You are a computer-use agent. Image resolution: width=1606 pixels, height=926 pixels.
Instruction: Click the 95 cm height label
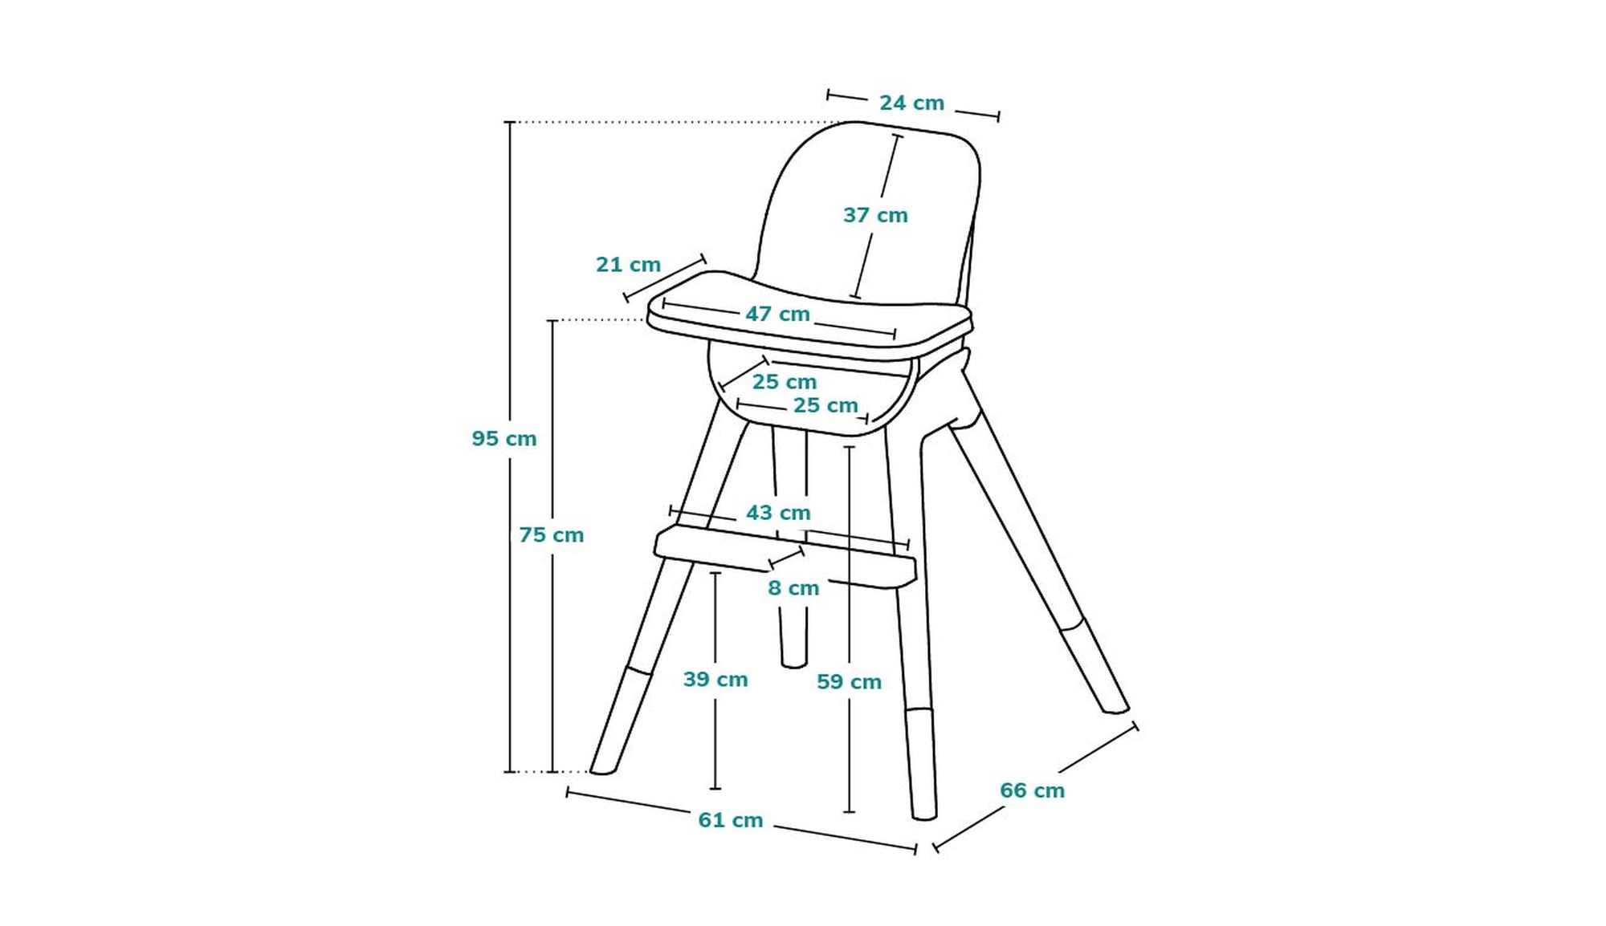coord(504,439)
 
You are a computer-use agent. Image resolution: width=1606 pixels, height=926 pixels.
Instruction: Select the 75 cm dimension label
coord(551,535)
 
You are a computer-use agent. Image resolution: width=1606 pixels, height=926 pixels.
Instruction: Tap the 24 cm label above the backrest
coord(911,104)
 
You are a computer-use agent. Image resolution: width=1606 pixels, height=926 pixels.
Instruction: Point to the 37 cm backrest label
coord(875,216)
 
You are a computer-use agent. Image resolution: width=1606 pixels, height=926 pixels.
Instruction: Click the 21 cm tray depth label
coord(628,265)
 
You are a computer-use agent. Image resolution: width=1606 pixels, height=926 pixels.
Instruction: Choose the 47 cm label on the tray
coord(777,315)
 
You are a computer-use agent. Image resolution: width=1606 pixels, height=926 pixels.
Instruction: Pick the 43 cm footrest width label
coord(778,513)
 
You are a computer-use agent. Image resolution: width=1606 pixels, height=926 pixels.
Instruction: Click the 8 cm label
coord(793,588)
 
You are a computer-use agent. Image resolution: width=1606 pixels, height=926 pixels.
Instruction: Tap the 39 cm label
coord(715,680)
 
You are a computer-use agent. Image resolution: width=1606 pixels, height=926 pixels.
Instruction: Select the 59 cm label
coord(849,682)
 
